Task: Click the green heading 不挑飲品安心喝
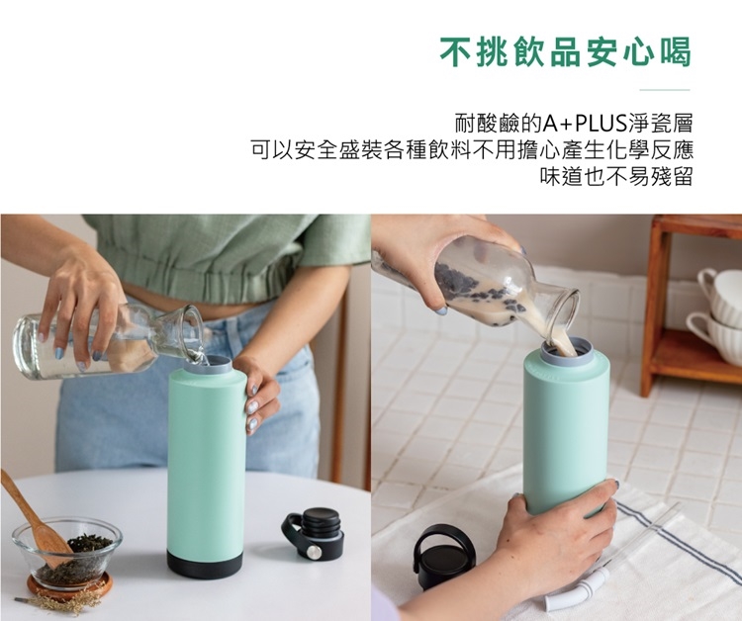566,51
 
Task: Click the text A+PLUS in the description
586,124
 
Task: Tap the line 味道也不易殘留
616,176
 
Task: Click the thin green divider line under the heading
665,89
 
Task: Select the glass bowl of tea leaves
66,551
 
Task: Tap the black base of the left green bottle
205,563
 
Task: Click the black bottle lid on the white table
314,532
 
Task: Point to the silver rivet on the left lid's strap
313,551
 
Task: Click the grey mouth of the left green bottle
209,365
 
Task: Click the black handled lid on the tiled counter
446,556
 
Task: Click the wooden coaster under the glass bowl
69,585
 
